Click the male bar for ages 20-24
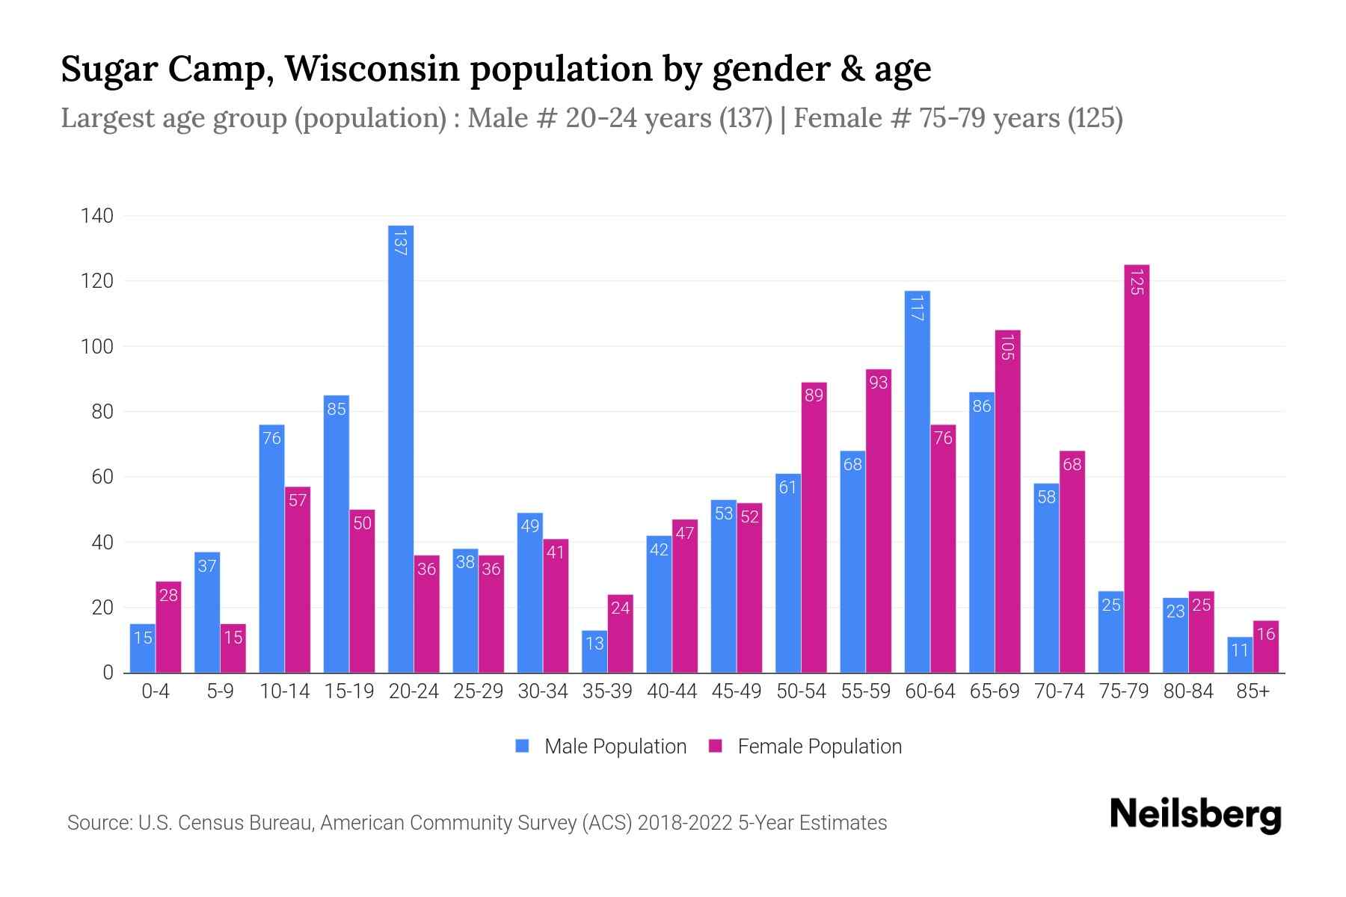(x=401, y=449)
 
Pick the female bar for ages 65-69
(x=1007, y=502)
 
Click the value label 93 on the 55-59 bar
(x=879, y=383)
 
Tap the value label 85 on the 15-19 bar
(x=336, y=409)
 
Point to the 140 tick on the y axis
(x=97, y=216)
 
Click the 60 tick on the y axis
(x=102, y=477)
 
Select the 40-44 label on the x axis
(x=672, y=691)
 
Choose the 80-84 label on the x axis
(x=1188, y=691)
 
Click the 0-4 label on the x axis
(x=156, y=691)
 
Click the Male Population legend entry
(x=615, y=747)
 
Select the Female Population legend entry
(x=819, y=747)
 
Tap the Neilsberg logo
(x=1195, y=815)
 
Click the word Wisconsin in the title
(x=371, y=69)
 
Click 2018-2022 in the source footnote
(x=685, y=823)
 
